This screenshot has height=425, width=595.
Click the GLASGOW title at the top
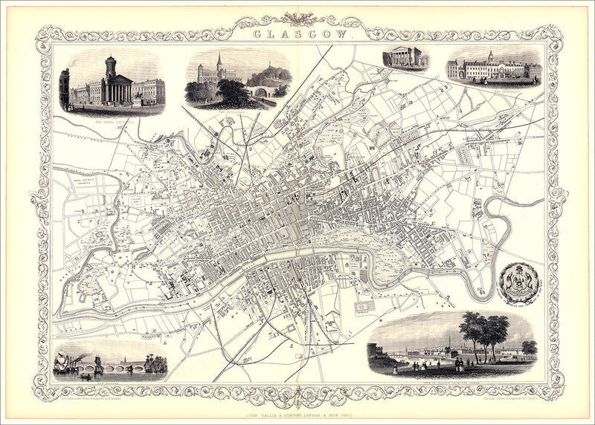298,33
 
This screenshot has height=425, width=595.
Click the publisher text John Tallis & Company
297,405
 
